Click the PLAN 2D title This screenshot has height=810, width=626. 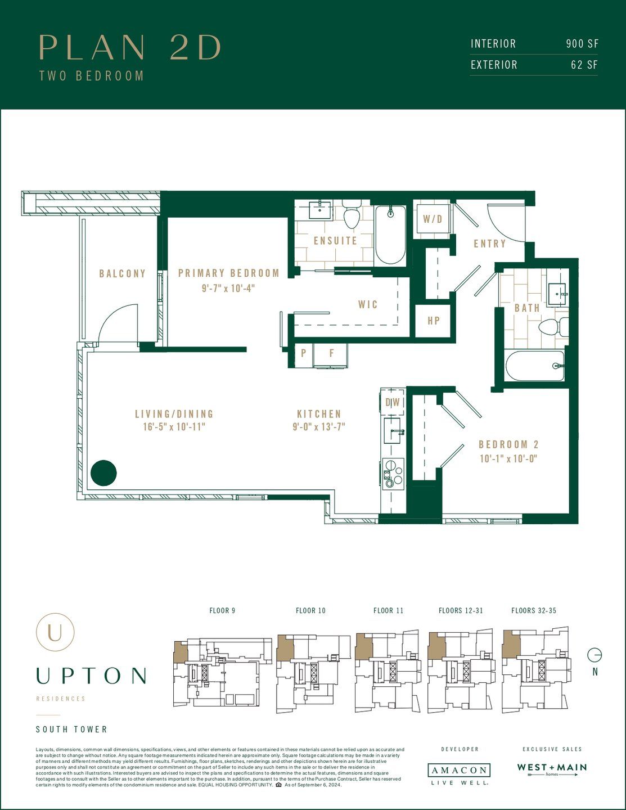pos(130,47)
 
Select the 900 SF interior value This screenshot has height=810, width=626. pos(582,44)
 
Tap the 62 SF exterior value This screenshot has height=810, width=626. pos(584,65)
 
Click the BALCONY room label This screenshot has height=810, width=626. pos(122,274)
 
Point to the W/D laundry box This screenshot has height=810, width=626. pos(433,219)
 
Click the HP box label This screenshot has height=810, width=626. pos(433,321)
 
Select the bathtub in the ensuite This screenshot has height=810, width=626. pos(390,235)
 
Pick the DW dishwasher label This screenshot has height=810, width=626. pos(393,402)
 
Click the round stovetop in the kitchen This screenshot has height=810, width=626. pos(393,471)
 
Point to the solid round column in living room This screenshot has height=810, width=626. pos(103,473)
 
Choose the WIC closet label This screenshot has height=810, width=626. pos(368,304)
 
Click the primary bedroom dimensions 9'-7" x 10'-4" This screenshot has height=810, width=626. pos(228,288)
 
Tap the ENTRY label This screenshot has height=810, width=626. pos(489,244)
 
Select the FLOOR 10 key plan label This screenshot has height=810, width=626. pos(310,610)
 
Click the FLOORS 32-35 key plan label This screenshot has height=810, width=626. pos(533,610)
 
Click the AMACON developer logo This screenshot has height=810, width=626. pos(459,770)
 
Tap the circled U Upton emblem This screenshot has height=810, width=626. pos(55,632)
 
